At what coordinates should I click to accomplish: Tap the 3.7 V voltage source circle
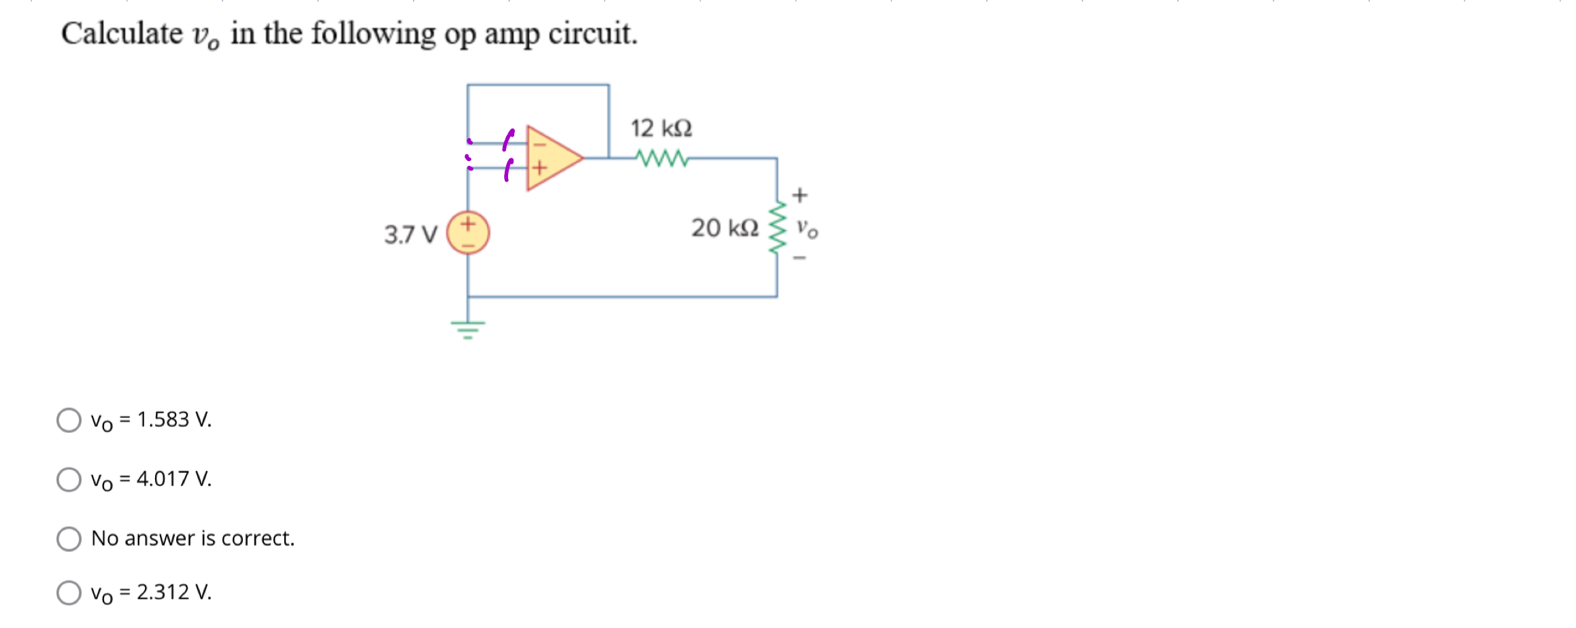[468, 233]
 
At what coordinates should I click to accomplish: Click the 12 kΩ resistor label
[661, 128]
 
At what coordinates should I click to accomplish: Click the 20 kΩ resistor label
[724, 228]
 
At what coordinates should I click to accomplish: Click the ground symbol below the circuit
[468, 329]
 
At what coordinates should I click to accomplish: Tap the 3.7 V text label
[410, 234]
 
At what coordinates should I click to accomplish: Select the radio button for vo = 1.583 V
[69, 420]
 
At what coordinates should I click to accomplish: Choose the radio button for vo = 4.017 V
[69, 479]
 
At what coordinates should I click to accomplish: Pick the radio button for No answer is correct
[69, 539]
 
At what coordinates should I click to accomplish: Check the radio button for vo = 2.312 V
[69, 592]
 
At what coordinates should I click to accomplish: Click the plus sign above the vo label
[800, 195]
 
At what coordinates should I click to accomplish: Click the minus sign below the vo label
[800, 258]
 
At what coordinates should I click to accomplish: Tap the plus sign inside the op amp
[539, 167]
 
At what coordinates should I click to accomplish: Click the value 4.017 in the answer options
[163, 479]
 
